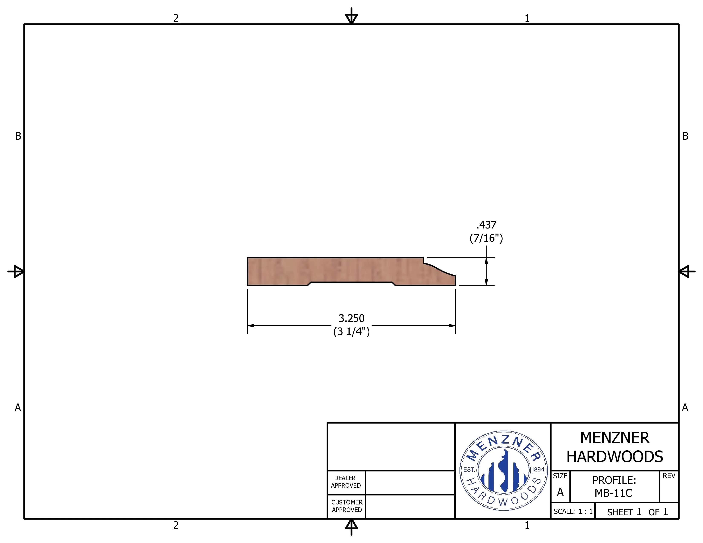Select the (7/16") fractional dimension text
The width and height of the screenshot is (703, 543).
pos(486,238)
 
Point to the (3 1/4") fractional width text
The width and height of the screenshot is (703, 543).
pos(351,331)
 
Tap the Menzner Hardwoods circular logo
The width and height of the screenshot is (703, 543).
pos(503,470)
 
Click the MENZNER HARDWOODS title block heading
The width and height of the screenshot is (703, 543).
pos(614,447)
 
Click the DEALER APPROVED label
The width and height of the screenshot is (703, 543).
pos(346,481)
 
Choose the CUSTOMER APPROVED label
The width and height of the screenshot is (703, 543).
pos(347,506)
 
